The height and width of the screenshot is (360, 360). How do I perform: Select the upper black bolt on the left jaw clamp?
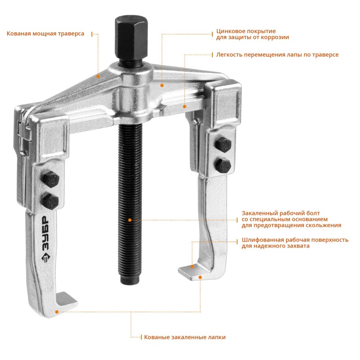click(x=50, y=179)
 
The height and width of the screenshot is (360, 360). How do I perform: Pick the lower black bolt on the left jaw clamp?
click(x=50, y=201)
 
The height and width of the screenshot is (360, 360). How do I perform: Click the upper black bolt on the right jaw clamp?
click(x=223, y=144)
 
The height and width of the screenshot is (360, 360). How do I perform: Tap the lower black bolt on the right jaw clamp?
click(x=223, y=165)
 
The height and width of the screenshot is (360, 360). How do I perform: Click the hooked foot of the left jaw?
click(x=65, y=303)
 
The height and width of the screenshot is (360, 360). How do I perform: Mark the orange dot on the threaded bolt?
click(x=130, y=220)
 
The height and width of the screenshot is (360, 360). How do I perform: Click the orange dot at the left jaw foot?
click(x=57, y=312)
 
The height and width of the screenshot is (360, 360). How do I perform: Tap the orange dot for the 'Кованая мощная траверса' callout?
click(x=98, y=76)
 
